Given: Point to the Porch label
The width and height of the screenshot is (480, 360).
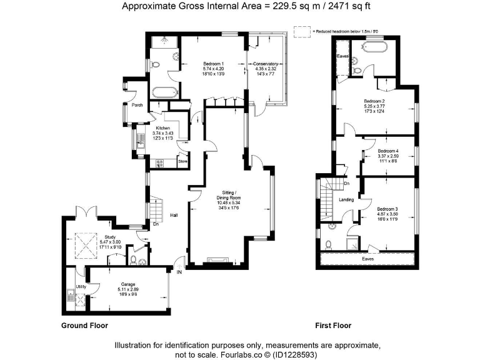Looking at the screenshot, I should (x=137, y=105).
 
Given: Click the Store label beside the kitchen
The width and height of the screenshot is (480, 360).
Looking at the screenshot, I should (x=182, y=162).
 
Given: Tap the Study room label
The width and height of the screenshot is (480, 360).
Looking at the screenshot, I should (x=109, y=237).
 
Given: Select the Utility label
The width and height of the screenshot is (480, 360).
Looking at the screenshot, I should (x=81, y=286).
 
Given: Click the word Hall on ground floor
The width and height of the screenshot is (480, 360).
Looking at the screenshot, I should (x=174, y=216).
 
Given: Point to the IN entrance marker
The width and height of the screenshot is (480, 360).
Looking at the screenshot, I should (x=179, y=273).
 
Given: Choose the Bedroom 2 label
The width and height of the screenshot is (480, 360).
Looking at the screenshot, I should (x=374, y=101).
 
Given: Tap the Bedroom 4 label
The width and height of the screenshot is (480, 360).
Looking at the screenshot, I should (x=388, y=151).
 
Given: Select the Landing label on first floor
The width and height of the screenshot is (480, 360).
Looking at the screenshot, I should (x=346, y=200).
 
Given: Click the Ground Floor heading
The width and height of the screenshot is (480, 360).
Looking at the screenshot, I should (x=84, y=326).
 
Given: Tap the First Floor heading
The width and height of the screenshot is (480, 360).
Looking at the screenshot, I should (x=333, y=326).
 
